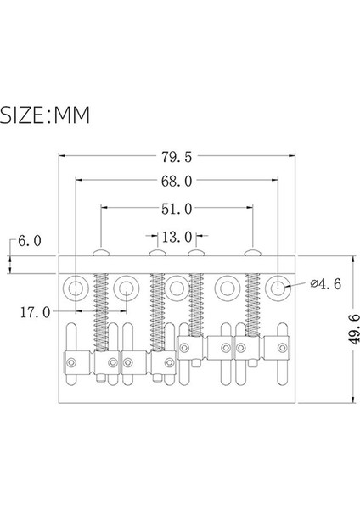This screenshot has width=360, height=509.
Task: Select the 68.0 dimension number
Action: [x=176, y=181]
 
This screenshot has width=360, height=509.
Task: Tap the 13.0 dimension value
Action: [x=176, y=237]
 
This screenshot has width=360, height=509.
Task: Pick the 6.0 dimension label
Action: [x=28, y=242]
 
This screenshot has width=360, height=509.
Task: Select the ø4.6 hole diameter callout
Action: [x=325, y=284]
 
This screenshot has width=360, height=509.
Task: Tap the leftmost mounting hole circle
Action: [x=76, y=288]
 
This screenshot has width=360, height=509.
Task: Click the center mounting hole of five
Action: [x=177, y=288]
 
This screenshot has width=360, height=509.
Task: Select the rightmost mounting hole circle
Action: [x=277, y=288]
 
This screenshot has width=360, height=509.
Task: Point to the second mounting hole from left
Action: [x=127, y=288]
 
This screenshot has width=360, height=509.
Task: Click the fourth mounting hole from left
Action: [x=227, y=288]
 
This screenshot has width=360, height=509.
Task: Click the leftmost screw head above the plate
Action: [x=101, y=252]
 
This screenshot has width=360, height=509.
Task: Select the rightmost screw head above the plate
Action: [x=252, y=252]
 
